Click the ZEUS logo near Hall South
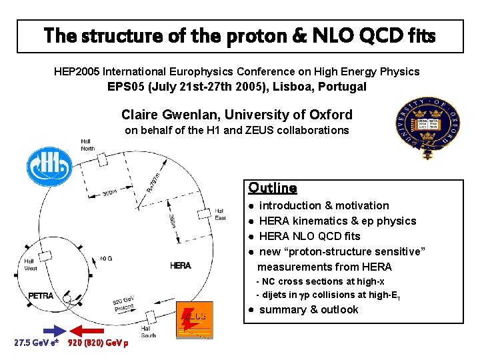[194, 320]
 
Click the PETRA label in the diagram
[41, 295]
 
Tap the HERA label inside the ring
[180, 265]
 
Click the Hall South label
[148, 331]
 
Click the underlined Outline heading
[272, 188]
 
